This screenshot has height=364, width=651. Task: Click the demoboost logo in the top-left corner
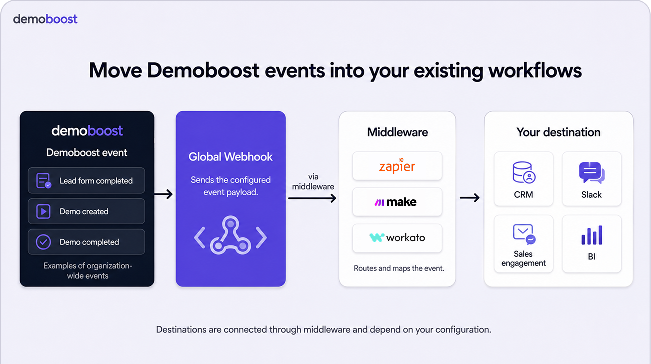pyautogui.click(x=45, y=19)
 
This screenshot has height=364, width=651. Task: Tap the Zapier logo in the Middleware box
pyautogui.click(x=397, y=166)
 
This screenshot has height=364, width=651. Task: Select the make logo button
pyautogui.click(x=397, y=202)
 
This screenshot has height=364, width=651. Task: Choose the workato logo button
pyautogui.click(x=397, y=238)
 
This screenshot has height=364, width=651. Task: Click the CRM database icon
pyautogui.click(x=524, y=172)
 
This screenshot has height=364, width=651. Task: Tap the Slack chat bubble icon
pyautogui.click(x=592, y=173)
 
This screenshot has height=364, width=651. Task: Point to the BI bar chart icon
pyautogui.click(x=592, y=235)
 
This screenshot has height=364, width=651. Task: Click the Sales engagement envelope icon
pyautogui.click(x=524, y=234)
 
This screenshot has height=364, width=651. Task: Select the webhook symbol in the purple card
pyautogui.click(x=230, y=235)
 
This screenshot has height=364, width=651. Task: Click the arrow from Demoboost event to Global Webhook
pyautogui.click(x=163, y=194)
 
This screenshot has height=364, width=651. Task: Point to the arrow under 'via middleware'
pyautogui.click(x=312, y=198)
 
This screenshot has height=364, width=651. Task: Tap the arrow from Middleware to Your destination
pyautogui.click(x=470, y=198)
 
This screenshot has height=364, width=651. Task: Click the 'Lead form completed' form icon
pyautogui.click(x=44, y=180)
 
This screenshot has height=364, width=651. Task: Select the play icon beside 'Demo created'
pyautogui.click(x=43, y=211)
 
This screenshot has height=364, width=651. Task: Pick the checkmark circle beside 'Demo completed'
pyautogui.click(x=43, y=242)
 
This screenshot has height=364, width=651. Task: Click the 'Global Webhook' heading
pyautogui.click(x=231, y=157)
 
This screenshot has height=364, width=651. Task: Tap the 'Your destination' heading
pyautogui.click(x=558, y=132)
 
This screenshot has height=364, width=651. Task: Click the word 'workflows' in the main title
pyautogui.click(x=535, y=70)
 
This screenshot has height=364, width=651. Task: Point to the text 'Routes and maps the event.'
pyautogui.click(x=399, y=268)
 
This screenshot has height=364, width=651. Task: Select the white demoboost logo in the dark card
pyautogui.click(x=87, y=131)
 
